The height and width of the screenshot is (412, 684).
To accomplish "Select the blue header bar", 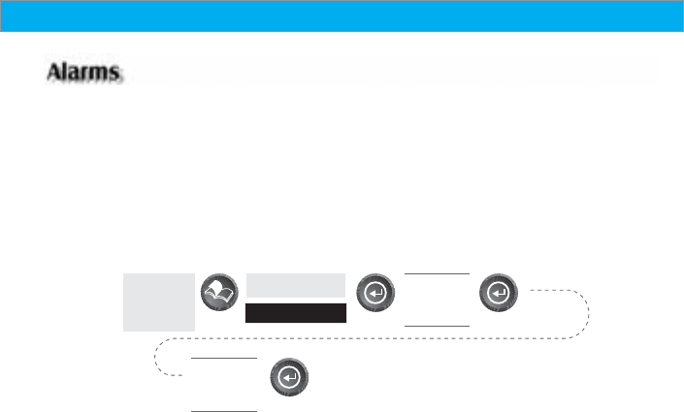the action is [342, 16].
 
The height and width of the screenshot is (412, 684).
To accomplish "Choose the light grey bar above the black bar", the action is [296, 284].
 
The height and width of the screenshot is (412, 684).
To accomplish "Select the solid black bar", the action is [296, 312].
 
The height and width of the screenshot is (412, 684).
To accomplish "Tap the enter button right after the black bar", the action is [375, 295].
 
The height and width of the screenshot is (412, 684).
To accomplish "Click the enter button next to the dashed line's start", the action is [499, 295].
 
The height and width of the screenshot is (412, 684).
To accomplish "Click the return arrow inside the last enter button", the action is [289, 378].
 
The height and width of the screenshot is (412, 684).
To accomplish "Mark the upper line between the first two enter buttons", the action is [437, 273].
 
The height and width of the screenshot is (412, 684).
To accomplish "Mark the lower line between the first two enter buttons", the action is [437, 325].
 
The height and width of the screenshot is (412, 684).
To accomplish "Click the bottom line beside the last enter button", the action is [224, 410].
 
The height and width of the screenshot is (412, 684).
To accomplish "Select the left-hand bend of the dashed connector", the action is [158, 358].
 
